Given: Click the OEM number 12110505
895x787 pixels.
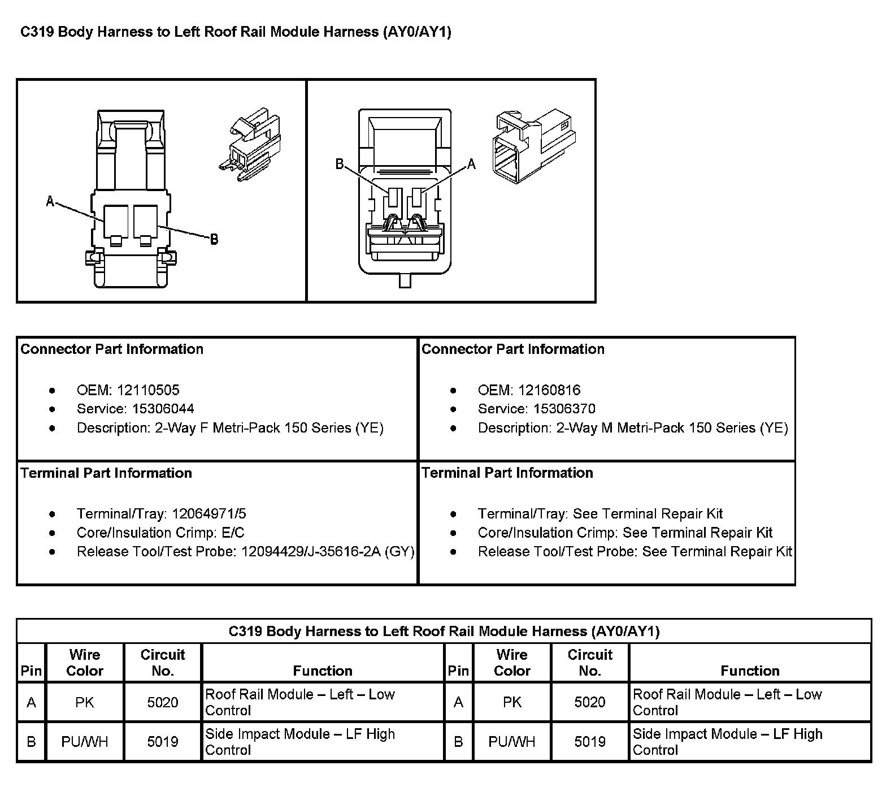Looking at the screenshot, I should [148, 390].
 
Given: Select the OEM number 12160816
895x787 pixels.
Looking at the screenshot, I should [549, 390].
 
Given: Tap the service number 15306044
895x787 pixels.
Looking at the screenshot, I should [163, 409].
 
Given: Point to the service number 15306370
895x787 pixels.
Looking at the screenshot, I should [564, 409].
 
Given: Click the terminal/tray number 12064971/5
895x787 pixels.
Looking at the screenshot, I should [209, 514].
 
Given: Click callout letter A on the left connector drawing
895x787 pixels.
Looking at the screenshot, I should [50, 201].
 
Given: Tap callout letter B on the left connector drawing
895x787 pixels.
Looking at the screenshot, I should [214, 240].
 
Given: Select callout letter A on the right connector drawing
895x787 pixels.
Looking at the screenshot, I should [471, 165].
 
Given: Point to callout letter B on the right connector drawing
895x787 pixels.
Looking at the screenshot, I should [340, 164].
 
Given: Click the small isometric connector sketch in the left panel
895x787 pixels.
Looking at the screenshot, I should [249, 148].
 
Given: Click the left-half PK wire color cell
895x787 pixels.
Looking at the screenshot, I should [85, 702].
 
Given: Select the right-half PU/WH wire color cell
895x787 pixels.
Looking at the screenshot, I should [512, 742].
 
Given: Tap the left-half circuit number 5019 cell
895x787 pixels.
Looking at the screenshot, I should [163, 742].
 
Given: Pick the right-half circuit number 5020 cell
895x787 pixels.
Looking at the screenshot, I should [590, 702].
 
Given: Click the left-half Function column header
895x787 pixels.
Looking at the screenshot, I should [323, 671].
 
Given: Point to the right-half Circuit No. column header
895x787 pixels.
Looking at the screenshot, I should [590, 663].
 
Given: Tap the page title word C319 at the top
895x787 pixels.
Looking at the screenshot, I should [37, 32].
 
